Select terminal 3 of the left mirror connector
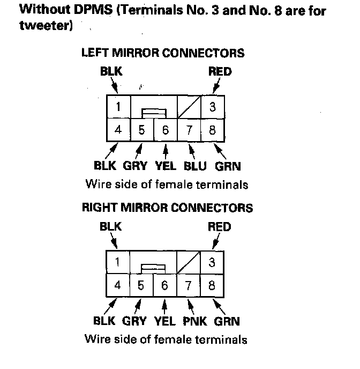tap(212, 107)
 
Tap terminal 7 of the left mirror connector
tap(189, 129)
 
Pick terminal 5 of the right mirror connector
tap(140, 285)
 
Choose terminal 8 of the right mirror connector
tap(212, 285)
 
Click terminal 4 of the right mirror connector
tap(118, 285)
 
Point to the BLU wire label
tap(195, 166)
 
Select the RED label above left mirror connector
tap(220, 72)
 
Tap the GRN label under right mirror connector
tap(227, 321)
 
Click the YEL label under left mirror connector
tap(164, 166)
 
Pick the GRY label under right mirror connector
tap(134, 321)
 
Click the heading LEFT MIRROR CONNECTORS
tap(163, 53)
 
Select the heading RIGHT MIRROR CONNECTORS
tap(167, 208)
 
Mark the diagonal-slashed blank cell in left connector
tap(189, 107)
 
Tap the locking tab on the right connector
tap(153, 268)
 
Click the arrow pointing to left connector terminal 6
tap(166, 149)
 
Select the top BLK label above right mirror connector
tap(111, 227)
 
